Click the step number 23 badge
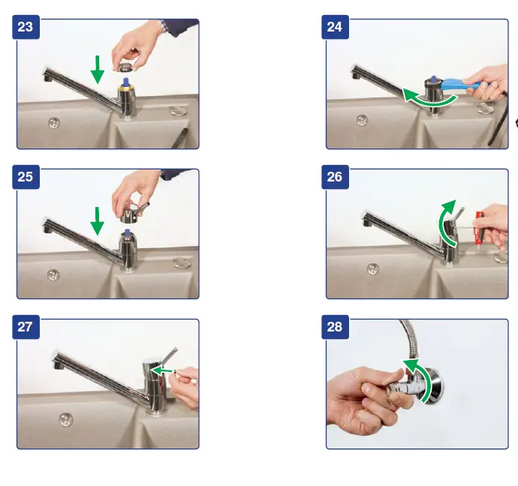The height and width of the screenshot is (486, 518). click(x=26, y=27)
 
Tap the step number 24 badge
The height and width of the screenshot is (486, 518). click(x=335, y=27)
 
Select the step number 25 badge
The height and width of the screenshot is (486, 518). click(x=26, y=177)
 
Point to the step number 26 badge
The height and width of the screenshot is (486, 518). click(x=335, y=177)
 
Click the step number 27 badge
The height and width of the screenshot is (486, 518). click(x=26, y=327)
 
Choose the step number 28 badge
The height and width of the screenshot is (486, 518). click(x=335, y=327)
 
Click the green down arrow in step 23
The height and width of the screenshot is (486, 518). click(x=98, y=69)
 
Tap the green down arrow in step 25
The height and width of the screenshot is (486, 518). click(x=97, y=221)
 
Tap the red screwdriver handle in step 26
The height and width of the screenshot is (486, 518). click(x=478, y=228)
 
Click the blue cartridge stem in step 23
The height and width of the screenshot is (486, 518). click(x=126, y=82)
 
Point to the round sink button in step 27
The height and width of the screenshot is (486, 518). click(x=66, y=419)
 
